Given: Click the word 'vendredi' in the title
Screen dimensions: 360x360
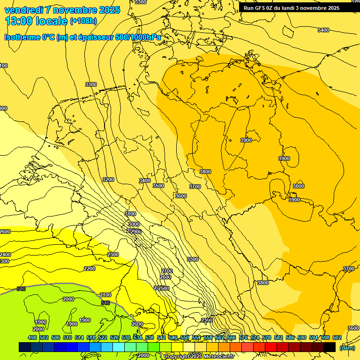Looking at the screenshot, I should click(23, 10).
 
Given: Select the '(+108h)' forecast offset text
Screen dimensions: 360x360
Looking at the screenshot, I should click(83, 21).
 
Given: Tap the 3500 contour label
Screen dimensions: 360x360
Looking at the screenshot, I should click(158, 186).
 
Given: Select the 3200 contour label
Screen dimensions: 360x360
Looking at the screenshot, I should click(108, 180).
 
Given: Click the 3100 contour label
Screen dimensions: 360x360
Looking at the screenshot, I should click(130, 214).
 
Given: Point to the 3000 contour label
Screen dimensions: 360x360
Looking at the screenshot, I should click(134, 225).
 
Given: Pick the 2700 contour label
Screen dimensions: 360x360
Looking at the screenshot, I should click(166, 271).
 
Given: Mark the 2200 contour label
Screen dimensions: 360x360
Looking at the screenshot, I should click(90, 269).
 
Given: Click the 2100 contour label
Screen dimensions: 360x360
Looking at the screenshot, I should click(105, 295).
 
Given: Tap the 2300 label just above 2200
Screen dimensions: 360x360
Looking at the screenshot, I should click(113, 255).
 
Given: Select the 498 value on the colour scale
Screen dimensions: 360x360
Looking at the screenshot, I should click(32, 337).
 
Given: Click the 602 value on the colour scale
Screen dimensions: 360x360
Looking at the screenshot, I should click(337, 337).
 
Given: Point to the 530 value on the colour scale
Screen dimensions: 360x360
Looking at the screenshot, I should click(126, 337).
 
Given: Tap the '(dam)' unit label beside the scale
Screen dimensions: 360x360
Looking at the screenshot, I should click(347, 348).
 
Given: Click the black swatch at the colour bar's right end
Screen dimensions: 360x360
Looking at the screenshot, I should click(330, 347).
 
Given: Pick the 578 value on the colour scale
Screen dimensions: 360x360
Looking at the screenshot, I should click(267, 337).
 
